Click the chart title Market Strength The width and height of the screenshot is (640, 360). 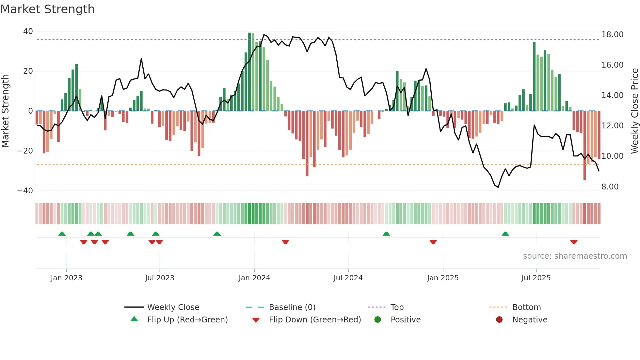pyautogui.click(x=47, y=9)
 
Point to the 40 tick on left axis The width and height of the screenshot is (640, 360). pyautogui.click(x=28, y=31)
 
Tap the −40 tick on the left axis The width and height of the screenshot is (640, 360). pyautogui.click(x=25, y=191)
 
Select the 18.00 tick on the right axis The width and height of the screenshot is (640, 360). pyautogui.click(x=612, y=35)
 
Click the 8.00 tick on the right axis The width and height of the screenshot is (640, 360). pyautogui.click(x=610, y=187)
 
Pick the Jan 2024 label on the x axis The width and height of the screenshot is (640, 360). pyautogui.click(x=254, y=278)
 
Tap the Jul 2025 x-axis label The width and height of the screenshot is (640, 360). pyautogui.click(x=536, y=278)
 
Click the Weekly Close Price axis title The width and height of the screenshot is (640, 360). pyautogui.click(x=634, y=111)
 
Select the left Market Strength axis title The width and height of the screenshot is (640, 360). pyautogui.click(x=6, y=111)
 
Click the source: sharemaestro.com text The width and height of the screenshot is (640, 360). pyautogui.click(x=575, y=256)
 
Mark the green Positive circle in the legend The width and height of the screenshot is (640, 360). pyautogui.click(x=378, y=320)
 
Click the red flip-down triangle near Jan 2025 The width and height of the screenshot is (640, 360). pyautogui.click(x=433, y=242)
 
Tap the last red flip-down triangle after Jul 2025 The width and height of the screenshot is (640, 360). pyautogui.click(x=574, y=242)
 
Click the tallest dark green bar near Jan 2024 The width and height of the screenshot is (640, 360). pyautogui.click(x=249, y=72)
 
